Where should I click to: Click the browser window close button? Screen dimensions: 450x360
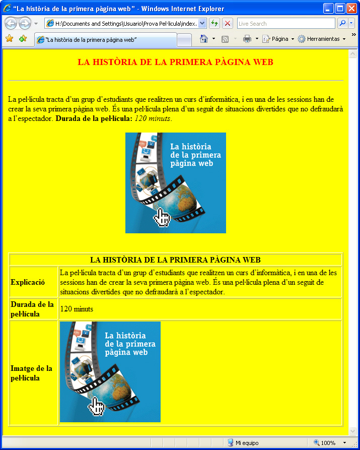coord(351,8)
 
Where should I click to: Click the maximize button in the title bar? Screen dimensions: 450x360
coord(340,8)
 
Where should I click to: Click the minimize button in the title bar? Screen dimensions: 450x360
coord(328,8)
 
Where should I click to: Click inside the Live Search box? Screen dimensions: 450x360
coord(285,24)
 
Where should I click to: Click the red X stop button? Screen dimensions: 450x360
coord(228,24)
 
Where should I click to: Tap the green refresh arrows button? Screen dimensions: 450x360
coord(214,24)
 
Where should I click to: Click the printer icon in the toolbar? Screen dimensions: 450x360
coord(247,39)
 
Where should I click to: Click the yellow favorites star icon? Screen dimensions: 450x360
coord(9,39)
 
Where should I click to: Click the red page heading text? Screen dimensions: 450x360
coord(175,62)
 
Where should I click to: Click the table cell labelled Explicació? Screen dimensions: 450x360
coord(28,282)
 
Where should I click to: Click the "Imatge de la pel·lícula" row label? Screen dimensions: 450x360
coord(31,373)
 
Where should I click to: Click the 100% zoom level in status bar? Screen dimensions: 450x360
coord(328,443)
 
